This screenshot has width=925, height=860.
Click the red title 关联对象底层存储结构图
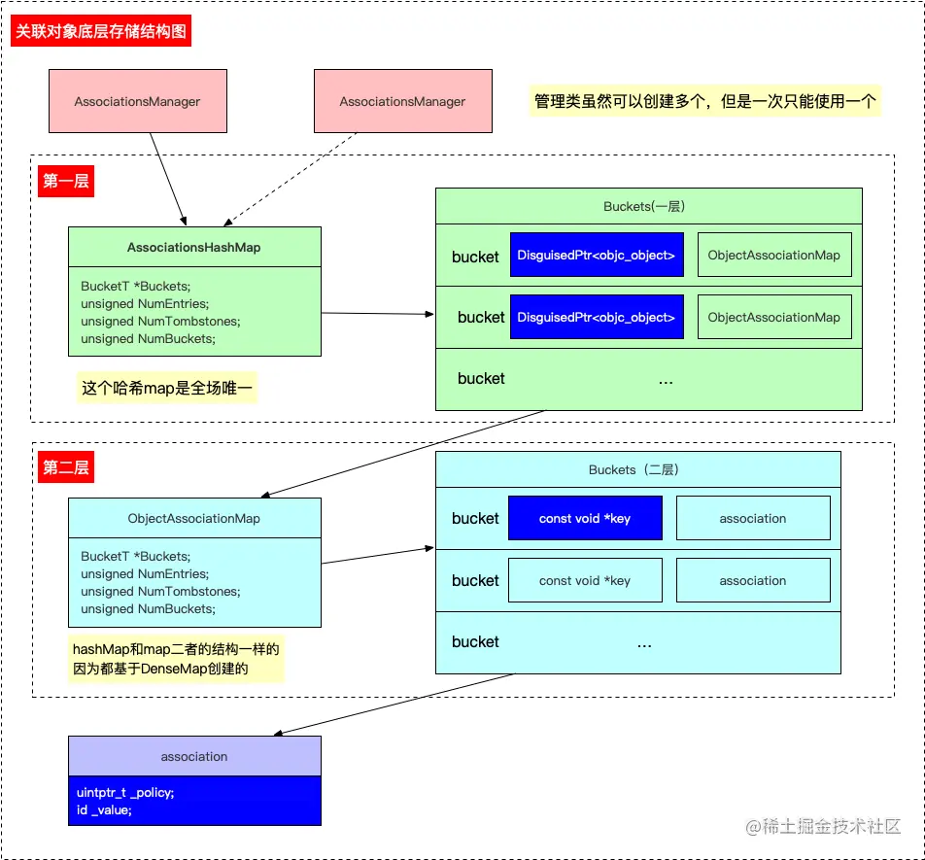(100, 31)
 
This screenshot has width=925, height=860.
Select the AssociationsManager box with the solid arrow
(137, 101)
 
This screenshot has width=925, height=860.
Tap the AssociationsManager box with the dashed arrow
(401, 101)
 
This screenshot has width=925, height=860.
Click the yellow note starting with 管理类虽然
(704, 101)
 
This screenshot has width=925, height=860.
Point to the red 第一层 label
(66, 181)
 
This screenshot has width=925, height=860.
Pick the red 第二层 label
(66, 467)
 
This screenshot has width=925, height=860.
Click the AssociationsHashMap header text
(194, 247)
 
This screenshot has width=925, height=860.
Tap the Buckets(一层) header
(648, 206)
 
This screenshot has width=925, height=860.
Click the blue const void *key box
(585, 518)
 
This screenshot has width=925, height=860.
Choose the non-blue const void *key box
(585, 580)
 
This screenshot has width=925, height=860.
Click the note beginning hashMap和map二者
(176, 658)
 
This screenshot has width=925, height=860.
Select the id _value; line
(104, 809)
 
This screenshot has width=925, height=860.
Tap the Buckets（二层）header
(637, 469)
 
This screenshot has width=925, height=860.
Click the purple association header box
(194, 756)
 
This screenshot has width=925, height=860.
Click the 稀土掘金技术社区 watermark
(824, 826)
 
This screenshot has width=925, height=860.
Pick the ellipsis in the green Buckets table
(666, 380)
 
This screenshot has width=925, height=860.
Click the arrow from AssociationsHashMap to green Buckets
(378, 314)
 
